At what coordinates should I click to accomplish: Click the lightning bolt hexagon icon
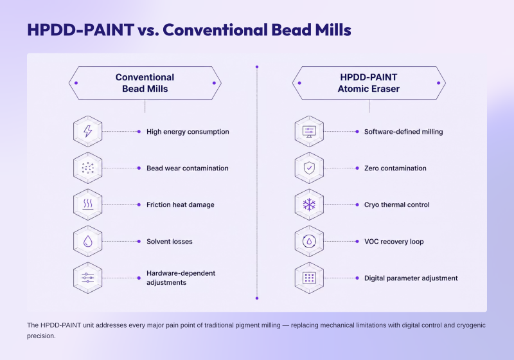pos(87,132)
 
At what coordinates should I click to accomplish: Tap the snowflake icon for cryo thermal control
pos(309,204)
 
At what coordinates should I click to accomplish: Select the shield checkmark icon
pos(309,168)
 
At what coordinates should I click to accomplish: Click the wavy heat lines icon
pos(87,204)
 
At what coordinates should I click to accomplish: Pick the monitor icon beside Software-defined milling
pos(309,132)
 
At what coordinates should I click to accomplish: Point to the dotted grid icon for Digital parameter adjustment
pos(309,278)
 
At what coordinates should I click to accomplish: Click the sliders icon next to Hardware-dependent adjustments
pos(87,278)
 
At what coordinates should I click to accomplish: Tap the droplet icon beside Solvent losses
pos(87,241)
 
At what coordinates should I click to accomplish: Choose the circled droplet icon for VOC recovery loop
pos(309,241)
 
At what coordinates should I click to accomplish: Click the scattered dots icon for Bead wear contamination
pos(87,168)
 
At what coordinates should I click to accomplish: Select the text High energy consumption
pos(188,132)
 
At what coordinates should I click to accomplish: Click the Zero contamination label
pos(395,168)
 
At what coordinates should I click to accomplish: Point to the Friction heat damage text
pos(181,204)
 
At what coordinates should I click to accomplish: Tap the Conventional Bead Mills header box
pos(145,83)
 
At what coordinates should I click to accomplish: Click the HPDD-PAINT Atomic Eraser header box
pos(369,83)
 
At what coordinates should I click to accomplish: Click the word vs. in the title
pos(148,30)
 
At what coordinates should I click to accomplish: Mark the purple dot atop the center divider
pos(257,67)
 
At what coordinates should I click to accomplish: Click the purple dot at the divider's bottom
pos(257,298)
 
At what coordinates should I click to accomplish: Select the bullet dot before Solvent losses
pos(139,241)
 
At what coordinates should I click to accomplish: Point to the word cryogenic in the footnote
pos(470,325)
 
